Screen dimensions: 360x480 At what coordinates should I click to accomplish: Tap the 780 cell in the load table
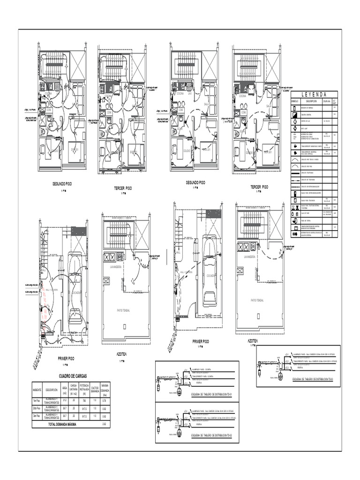tap(84, 401)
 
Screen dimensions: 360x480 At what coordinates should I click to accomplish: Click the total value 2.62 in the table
tap(105, 424)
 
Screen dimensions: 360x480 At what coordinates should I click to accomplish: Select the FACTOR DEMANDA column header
tap(95, 390)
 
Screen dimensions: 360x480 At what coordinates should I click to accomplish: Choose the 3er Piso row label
tap(37, 416)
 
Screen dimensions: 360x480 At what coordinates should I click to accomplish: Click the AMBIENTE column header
tap(37, 390)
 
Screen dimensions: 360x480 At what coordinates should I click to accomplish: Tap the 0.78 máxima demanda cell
tap(105, 401)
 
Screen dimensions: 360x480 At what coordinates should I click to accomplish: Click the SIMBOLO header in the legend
tap(295, 101)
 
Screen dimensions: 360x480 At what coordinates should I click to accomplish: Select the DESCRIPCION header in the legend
tap(312, 101)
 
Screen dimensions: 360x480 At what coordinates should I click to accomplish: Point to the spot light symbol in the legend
tap(294, 127)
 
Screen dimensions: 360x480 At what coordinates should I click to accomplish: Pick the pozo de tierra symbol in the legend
tap(294, 220)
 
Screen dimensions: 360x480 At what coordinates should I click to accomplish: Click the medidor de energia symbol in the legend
tap(294, 108)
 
